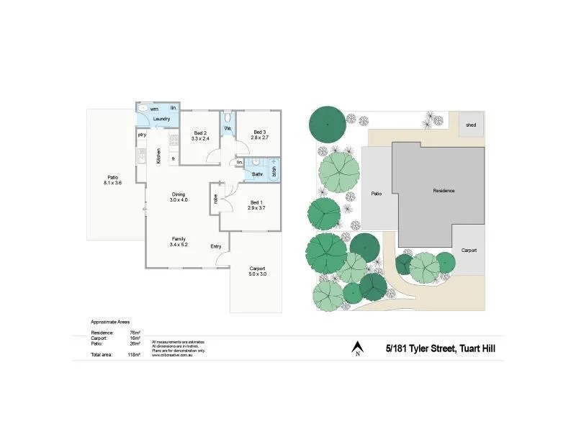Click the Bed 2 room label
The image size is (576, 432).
pyautogui.click(x=201, y=133)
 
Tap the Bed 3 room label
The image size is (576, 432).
pyautogui.click(x=260, y=132)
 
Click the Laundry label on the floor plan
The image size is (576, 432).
pyautogui.click(x=161, y=119)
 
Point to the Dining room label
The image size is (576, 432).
pyautogui.click(x=179, y=194)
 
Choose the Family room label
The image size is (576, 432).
pyautogui.click(x=178, y=239)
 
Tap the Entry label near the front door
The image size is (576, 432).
pyautogui.click(x=216, y=247)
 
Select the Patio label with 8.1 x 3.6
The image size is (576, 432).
pyautogui.click(x=113, y=178)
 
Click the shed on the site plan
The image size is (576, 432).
pyautogui.click(x=471, y=125)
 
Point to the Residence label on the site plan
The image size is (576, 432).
pyautogui.click(x=444, y=191)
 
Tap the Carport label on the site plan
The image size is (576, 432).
pyautogui.click(x=469, y=250)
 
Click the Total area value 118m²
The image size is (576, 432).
pyautogui.click(x=134, y=355)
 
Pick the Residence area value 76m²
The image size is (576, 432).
pyautogui.click(x=134, y=333)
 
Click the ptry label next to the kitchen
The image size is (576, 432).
pyautogui.click(x=141, y=135)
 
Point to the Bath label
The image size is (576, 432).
pyautogui.click(x=256, y=174)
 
